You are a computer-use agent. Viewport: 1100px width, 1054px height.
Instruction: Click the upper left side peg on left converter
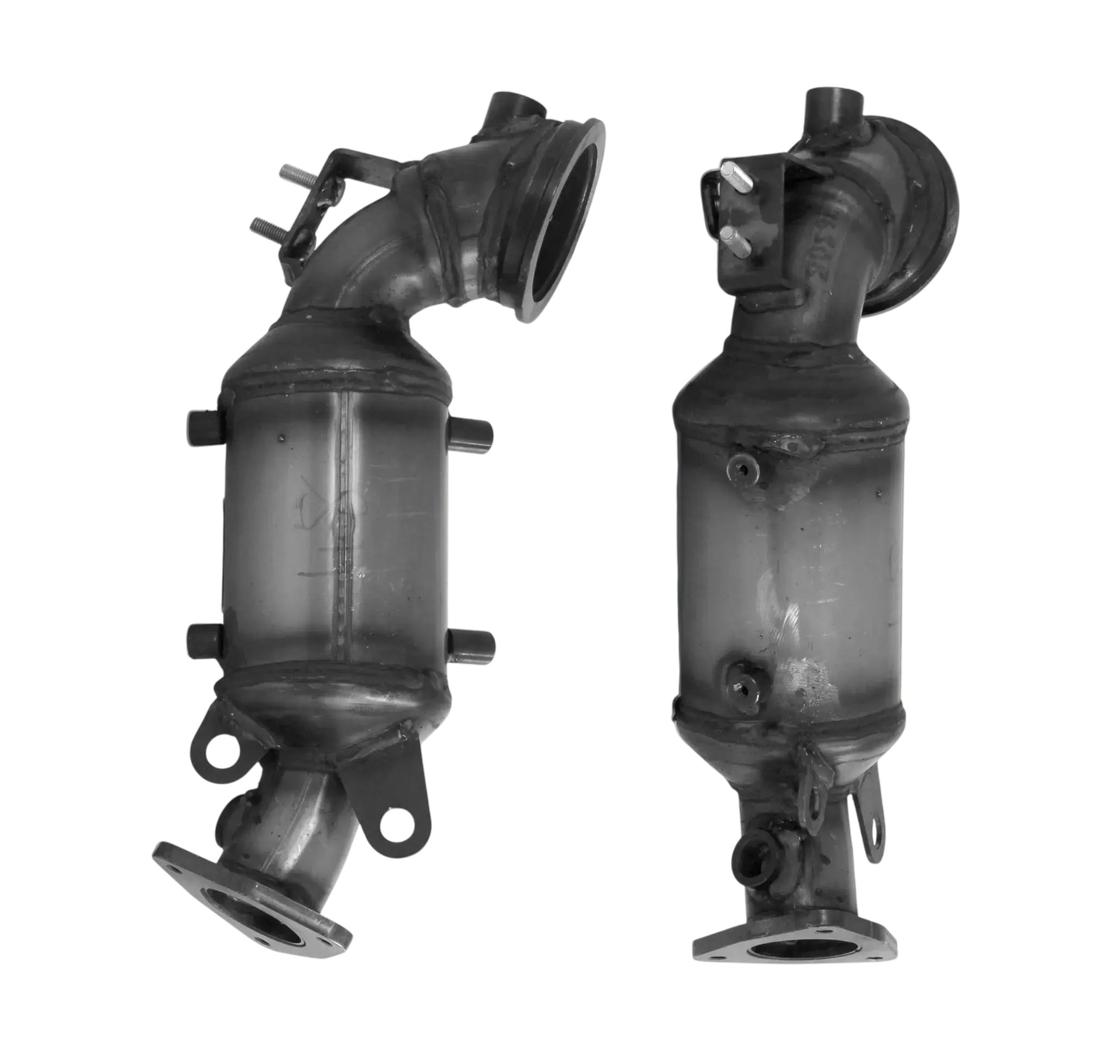click(205, 429)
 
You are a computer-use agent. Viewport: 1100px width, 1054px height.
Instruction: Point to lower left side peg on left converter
click(205, 640)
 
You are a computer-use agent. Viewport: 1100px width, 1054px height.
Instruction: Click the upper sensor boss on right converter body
click(741, 467)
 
